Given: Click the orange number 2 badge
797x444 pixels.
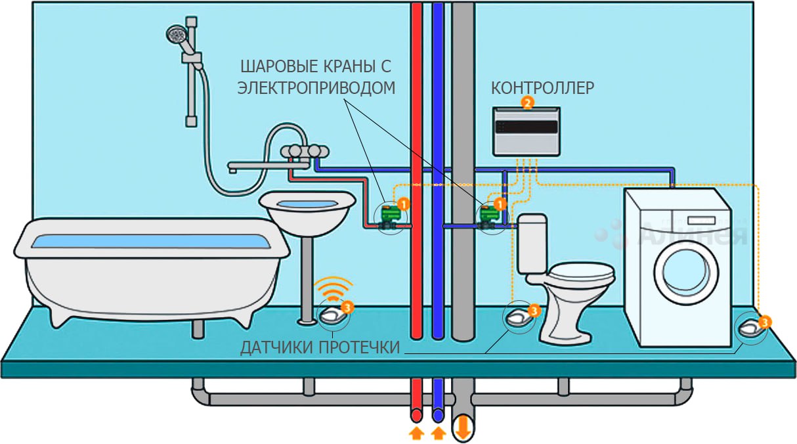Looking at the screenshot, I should [x=527, y=102].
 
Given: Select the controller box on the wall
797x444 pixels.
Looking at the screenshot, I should [x=527, y=131].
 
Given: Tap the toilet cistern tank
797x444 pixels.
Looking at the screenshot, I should [x=532, y=243].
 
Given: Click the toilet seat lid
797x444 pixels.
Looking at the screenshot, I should [x=581, y=271].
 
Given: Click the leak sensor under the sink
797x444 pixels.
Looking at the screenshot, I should [x=333, y=315].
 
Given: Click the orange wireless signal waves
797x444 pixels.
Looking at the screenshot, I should [x=333, y=288].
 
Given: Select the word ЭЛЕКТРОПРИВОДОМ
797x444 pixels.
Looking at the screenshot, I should [x=316, y=88].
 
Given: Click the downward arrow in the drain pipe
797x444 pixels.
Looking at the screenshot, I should [x=463, y=426].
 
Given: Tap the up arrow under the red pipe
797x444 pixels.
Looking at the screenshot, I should [x=416, y=433].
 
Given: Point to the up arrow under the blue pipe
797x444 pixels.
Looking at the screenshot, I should [x=439, y=433].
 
